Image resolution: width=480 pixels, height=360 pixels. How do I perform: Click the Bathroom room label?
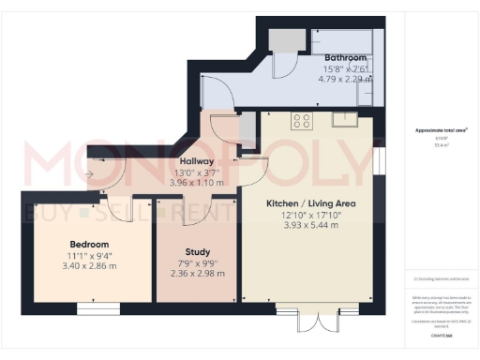[x=333, y=57]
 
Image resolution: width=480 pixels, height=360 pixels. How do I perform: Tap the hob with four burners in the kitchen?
[x=302, y=120]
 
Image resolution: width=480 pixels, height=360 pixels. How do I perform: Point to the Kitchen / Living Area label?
[x=310, y=202]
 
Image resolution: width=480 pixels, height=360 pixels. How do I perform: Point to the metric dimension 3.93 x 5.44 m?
[x=310, y=226]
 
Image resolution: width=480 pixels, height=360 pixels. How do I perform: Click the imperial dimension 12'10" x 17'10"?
[x=310, y=215]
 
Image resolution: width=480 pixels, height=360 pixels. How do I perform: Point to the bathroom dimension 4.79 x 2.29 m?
[x=333, y=79]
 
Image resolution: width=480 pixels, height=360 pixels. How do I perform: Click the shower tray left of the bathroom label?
[x=280, y=39]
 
